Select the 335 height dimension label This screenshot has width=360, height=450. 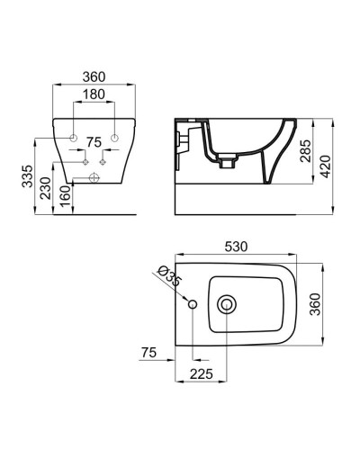tap(29, 175)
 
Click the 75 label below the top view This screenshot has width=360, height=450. tap(150, 352)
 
